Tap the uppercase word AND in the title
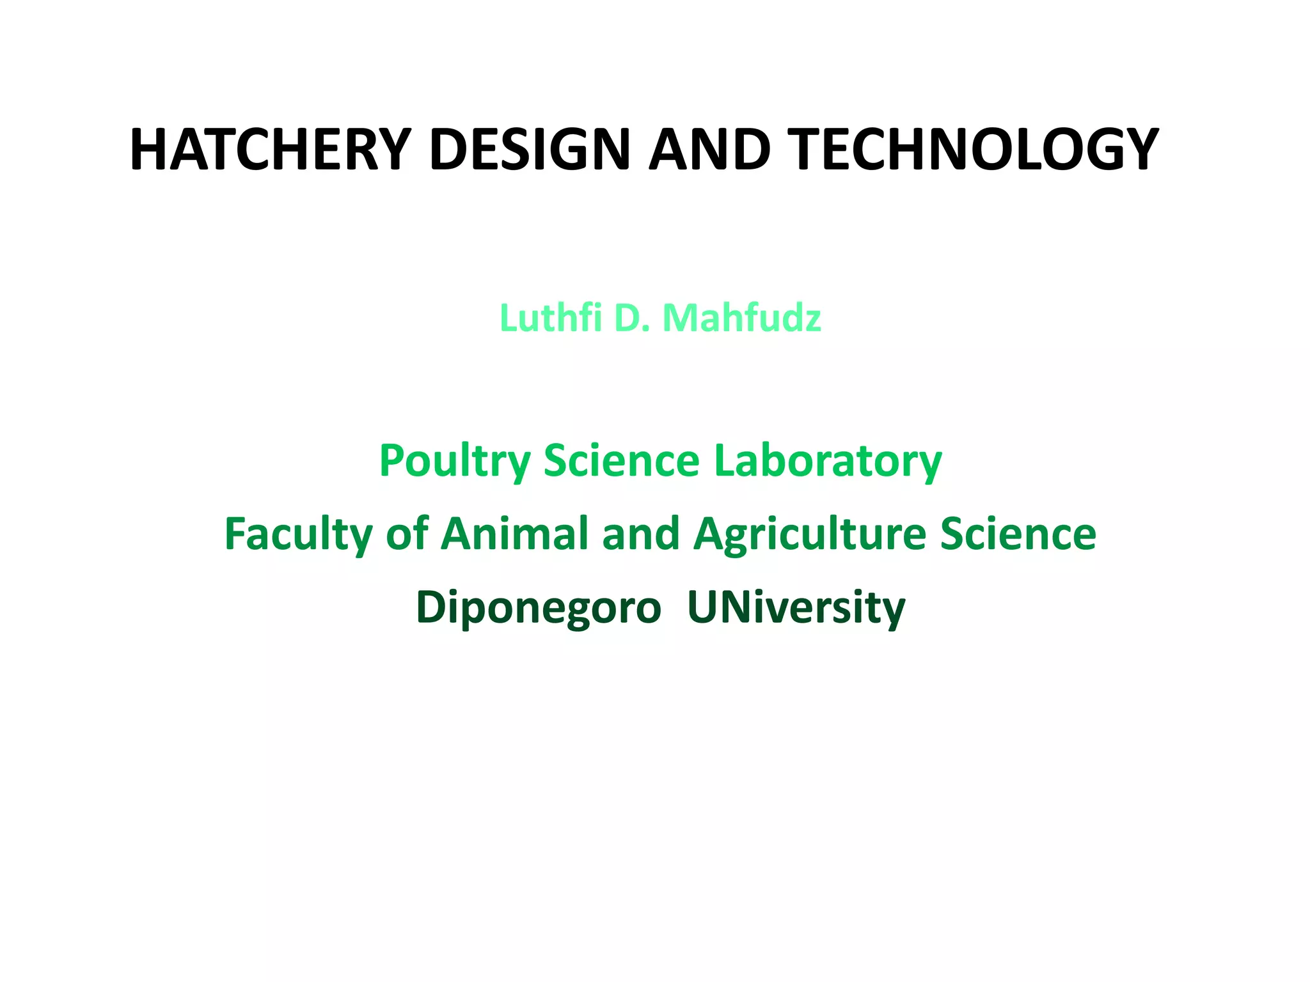[x=709, y=150]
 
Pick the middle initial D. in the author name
[x=632, y=318]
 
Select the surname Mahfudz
[x=742, y=318]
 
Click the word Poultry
[x=455, y=462]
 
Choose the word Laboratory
[x=828, y=462]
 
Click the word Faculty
[x=298, y=534]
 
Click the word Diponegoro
[x=539, y=608]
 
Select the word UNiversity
[x=796, y=607]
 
